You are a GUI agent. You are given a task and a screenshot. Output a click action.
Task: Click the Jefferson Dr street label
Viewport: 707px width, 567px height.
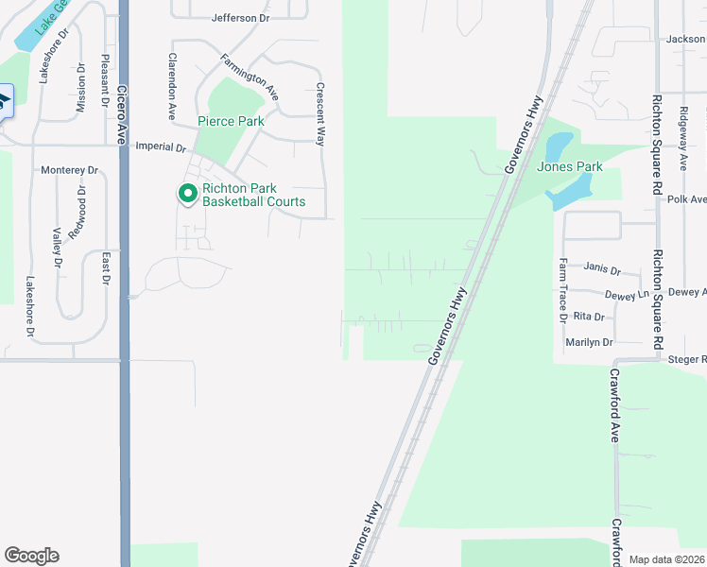tap(241, 18)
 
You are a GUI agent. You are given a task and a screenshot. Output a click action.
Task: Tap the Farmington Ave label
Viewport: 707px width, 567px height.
tap(250, 77)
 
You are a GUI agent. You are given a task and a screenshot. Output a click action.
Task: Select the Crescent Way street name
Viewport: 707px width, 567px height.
tap(320, 114)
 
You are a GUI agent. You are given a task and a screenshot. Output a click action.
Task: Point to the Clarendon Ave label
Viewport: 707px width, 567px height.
tap(173, 86)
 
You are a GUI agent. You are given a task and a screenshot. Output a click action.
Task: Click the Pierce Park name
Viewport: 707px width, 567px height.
tap(231, 121)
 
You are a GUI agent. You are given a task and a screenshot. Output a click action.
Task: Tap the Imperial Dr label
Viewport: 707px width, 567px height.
tap(163, 146)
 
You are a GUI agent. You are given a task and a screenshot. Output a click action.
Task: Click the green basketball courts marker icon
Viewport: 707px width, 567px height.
tap(187, 194)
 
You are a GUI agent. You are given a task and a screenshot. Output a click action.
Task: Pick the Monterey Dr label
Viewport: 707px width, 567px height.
tap(70, 170)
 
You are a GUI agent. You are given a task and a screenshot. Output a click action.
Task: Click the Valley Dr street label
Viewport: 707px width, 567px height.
tap(58, 248)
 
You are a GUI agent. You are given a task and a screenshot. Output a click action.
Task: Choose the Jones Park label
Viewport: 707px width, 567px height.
tap(570, 167)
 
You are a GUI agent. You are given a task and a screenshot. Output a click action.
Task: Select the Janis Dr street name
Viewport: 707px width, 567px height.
tap(602, 268)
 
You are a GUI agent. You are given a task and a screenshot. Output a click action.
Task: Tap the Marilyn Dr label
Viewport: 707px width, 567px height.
tap(590, 342)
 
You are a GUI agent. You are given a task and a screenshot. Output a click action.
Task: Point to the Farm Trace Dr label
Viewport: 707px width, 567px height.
tap(562, 288)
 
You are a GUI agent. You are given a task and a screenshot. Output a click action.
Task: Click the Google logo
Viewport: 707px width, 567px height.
tap(31, 556)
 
